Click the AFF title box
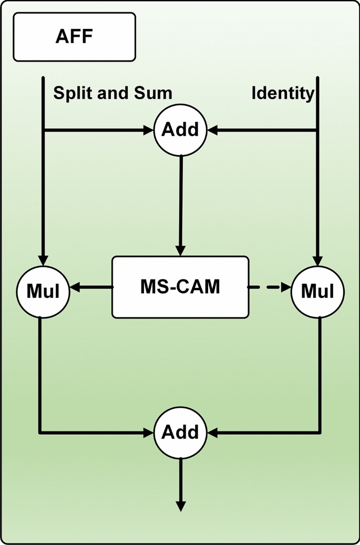pos(74,37)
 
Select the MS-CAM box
pos(180,287)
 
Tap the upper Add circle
pos(180,129)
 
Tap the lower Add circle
pos(180,432)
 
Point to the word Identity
pos(283,94)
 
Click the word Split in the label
pos(71,94)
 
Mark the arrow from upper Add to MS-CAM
pos(181,205)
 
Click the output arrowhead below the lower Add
pos(180,506)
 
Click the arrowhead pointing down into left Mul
pos(43,260)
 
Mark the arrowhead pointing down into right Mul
pos(317,260)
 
